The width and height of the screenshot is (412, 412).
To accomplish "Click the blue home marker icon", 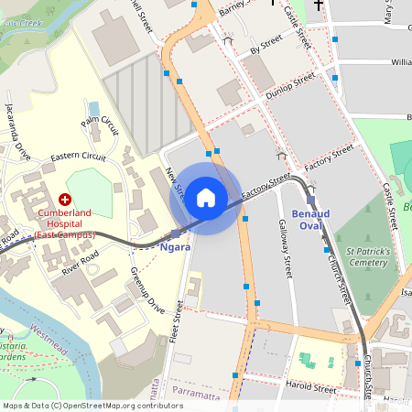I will tap(206, 198).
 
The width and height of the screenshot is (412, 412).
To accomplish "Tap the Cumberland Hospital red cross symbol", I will tap(65, 199).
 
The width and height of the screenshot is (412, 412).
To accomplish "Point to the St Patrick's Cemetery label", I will tap(367, 255).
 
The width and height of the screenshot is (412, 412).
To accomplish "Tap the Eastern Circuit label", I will tap(78, 157).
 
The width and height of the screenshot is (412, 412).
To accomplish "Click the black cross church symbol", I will tap(319, 5).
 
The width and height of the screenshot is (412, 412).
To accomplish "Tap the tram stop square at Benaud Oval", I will tap(311, 200).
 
